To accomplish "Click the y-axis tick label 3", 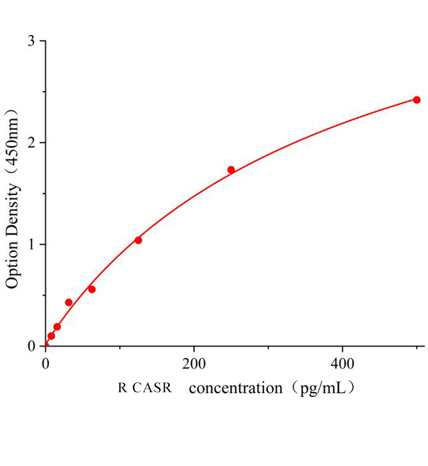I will (32, 41).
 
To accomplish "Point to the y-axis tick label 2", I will (32, 143).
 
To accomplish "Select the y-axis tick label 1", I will (32, 244).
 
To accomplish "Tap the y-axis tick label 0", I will (32, 346).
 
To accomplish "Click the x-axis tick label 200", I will (194, 364).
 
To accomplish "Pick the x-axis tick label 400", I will (342, 364).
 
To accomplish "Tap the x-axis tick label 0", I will (46, 364).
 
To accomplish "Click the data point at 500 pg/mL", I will (417, 100).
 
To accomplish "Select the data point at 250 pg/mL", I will (231, 170).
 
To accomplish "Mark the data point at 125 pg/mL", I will (138, 240).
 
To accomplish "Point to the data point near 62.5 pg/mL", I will (92, 289).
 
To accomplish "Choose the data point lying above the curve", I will (69, 303).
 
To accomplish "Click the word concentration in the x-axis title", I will (236, 388).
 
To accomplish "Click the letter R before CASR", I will (123, 388).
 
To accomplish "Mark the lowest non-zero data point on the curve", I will (51, 336).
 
